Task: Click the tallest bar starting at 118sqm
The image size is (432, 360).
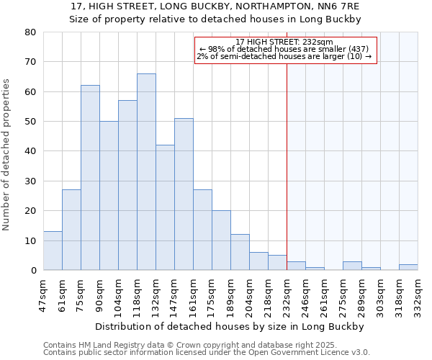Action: [x=146, y=172]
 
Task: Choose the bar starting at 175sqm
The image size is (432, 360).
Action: [x=221, y=240]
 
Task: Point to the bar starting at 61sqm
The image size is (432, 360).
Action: [x=71, y=230]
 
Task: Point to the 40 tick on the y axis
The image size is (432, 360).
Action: [x=30, y=151]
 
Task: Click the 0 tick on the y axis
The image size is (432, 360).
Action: [x=33, y=270]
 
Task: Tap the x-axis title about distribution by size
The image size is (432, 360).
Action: [x=230, y=327]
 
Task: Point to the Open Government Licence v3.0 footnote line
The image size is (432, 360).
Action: [x=207, y=353]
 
